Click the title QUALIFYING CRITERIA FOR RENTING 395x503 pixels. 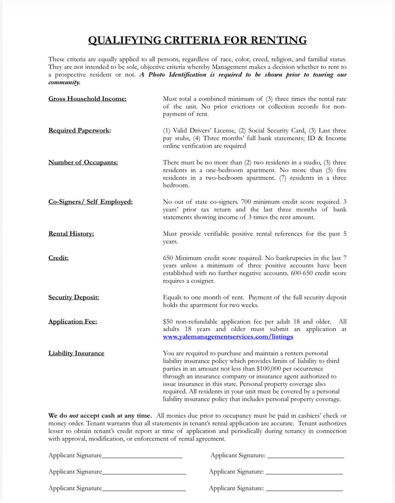tap(197, 40)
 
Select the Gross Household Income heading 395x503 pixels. tap(87, 99)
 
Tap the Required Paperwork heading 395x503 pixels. tap(80, 130)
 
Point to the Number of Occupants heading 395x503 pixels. tap(83, 162)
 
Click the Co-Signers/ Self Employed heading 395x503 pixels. tap(90, 202)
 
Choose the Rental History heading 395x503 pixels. tap(71, 233)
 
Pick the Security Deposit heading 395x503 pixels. tap(74, 297)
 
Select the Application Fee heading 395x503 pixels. tap(73, 321)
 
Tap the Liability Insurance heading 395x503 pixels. tap(76, 353)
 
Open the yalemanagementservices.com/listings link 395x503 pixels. tap(228, 336)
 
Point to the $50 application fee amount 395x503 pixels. tap(168, 321)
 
